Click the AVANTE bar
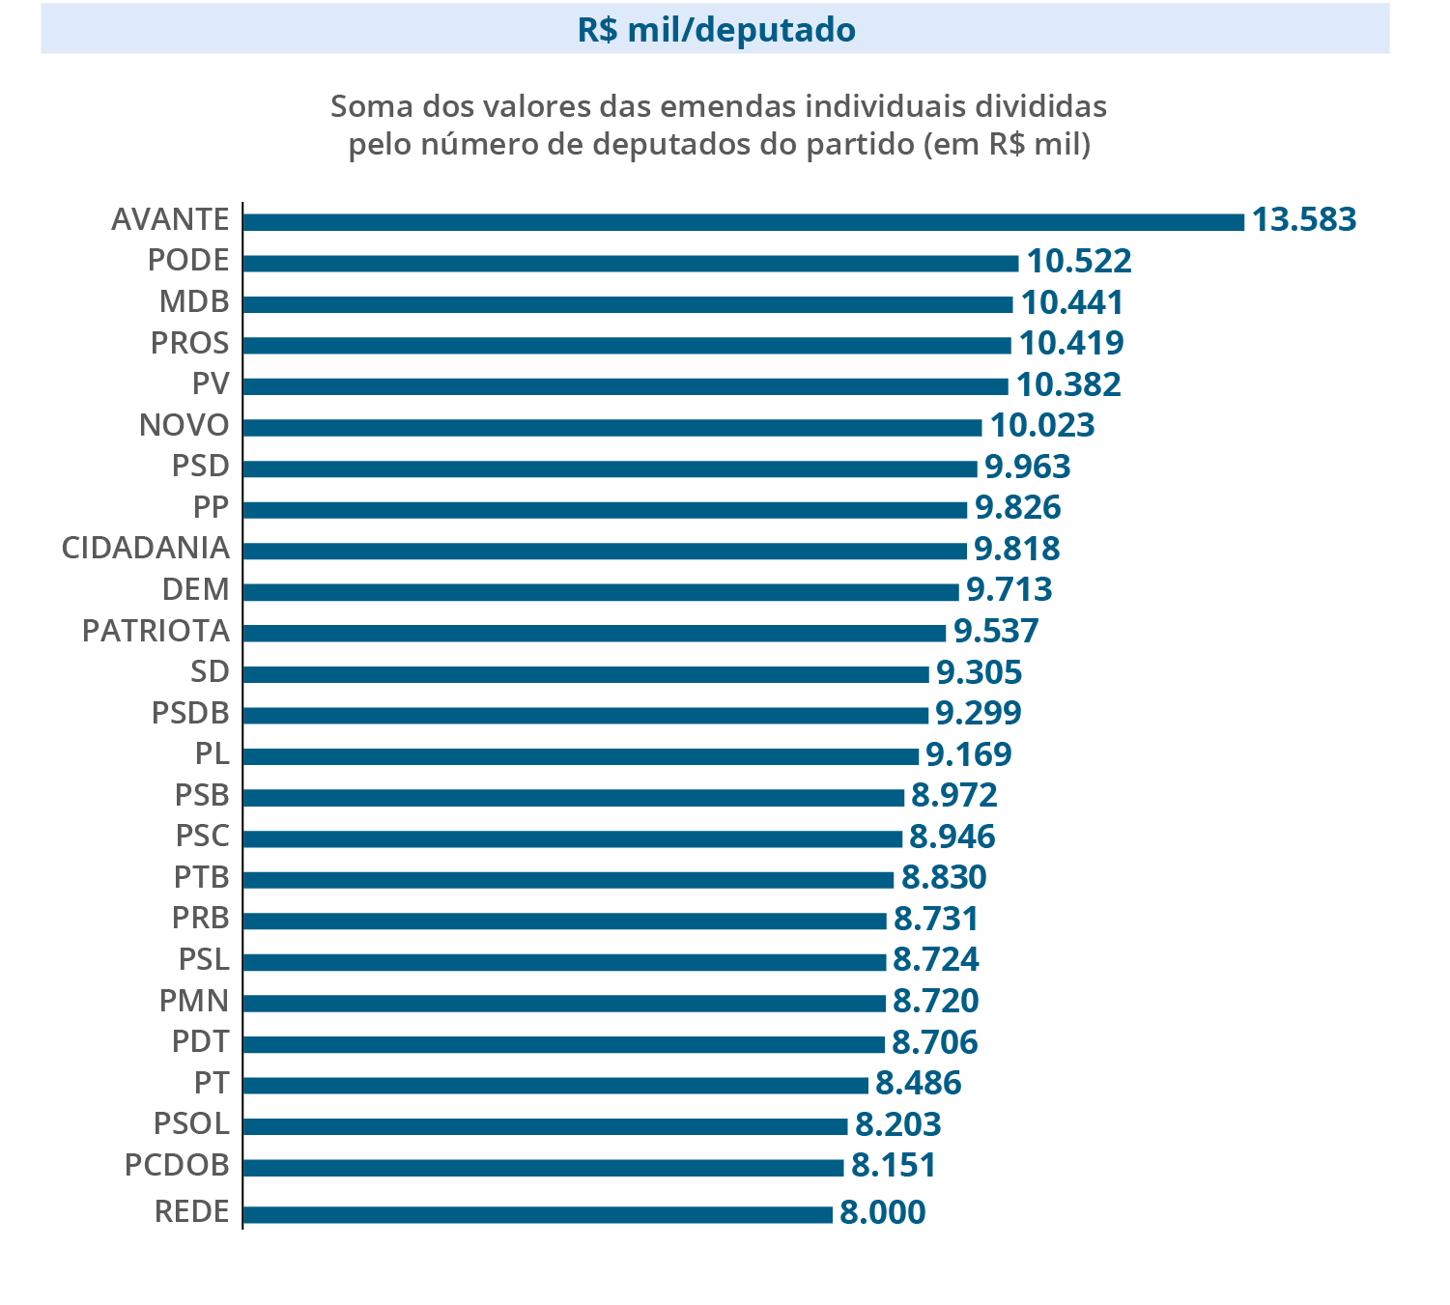743,222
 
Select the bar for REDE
537,1214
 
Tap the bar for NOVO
611,427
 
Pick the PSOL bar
545,1126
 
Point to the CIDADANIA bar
604,551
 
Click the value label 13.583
1304,220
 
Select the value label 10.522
1078,262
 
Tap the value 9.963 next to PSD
1027,468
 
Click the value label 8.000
882,1212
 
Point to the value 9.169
968,754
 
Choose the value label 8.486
918,1084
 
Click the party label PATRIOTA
156,632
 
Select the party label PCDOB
177,1166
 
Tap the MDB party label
194,302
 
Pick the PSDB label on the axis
190,714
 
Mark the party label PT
212,1084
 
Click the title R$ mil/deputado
716,30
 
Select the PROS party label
189,344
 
